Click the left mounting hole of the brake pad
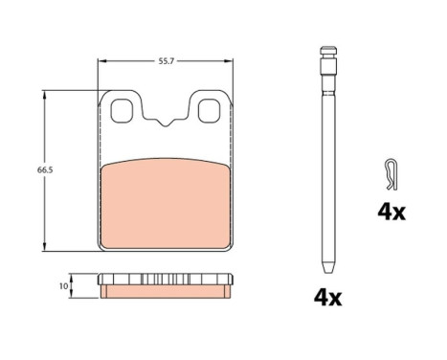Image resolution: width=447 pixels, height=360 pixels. tap(123, 111)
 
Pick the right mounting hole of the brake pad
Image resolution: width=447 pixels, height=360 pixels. tap(210, 111)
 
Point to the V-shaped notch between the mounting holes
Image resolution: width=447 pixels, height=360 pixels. tap(167, 123)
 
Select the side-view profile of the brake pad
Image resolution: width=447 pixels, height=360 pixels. tap(167, 284)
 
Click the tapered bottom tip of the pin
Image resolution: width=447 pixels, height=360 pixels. tap(328, 266)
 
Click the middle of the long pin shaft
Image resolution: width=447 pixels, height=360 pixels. tap(328, 163)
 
